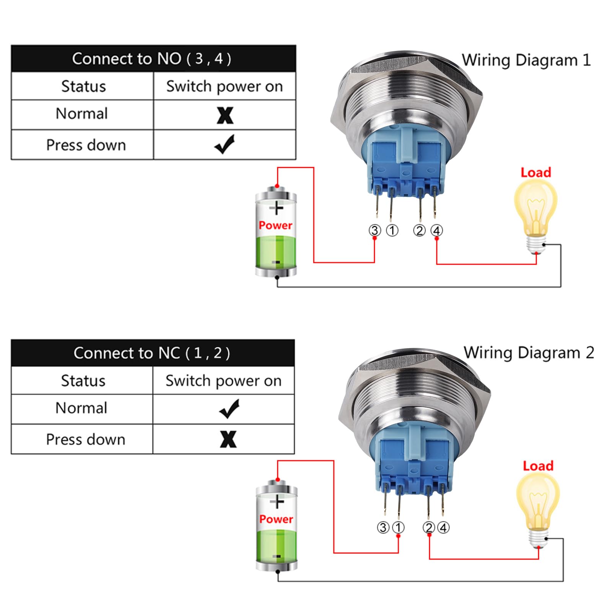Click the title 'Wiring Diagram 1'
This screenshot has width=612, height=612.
(x=526, y=60)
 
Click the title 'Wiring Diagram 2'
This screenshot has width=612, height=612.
(x=529, y=353)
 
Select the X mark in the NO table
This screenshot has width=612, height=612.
(x=225, y=115)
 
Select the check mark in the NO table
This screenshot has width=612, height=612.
(x=225, y=144)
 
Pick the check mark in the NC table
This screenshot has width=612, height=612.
(x=229, y=409)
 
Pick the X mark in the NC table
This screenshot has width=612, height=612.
(x=228, y=439)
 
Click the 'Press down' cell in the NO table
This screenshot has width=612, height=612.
(x=86, y=145)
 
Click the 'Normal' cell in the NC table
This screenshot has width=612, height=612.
(x=81, y=408)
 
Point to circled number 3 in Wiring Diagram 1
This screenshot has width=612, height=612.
(x=375, y=230)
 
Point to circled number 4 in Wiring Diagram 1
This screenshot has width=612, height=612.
(x=437, y=230)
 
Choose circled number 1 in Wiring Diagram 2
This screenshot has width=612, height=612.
(x=398, y=527)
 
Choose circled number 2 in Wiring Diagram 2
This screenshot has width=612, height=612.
(x=429, y=527)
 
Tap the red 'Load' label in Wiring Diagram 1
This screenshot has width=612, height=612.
(x=536, y=173)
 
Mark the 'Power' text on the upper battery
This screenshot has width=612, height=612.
(x=275, y=225)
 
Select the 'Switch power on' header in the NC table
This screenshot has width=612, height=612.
(x=223, y=381)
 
